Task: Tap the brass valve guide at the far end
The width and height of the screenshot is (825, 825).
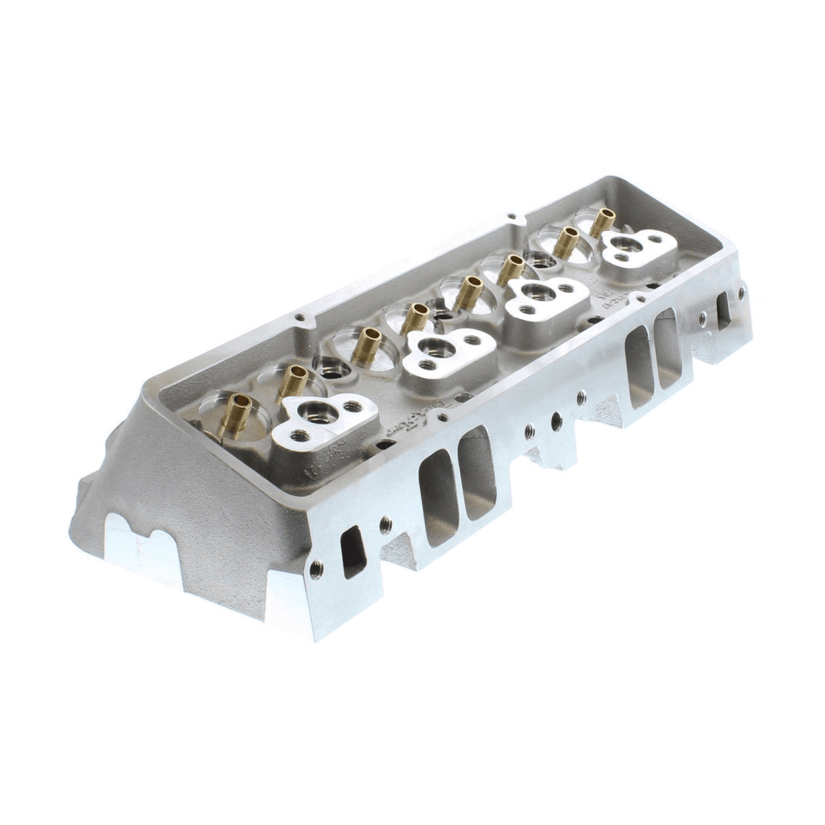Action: pos(605,219)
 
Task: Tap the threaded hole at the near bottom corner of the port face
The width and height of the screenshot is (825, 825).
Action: pos(317,567)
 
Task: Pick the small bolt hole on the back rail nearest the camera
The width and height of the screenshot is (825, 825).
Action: pos(297,318)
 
